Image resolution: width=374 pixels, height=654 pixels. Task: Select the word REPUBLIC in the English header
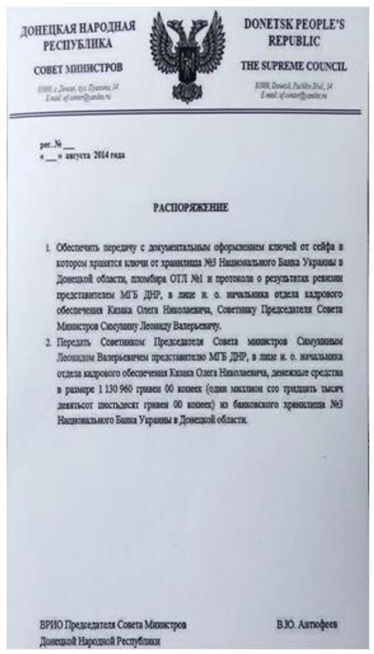point(294,41)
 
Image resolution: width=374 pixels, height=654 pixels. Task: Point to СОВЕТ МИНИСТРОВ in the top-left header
point(78,69)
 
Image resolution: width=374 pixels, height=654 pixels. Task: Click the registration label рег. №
point(50,144)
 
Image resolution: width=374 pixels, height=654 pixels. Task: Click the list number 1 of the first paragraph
point(48,248)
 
